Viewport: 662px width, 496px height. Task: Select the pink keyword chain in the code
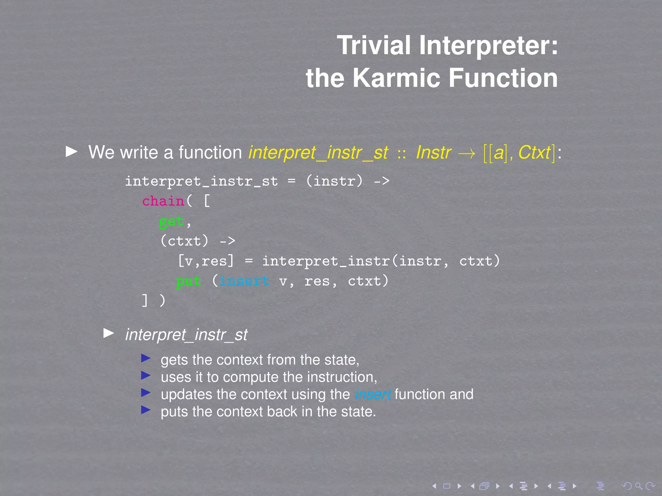point(163,201)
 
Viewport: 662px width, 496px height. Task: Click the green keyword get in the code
point(172,222)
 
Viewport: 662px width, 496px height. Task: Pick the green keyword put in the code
point(188,281)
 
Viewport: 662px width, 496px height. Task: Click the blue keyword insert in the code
point(244,281)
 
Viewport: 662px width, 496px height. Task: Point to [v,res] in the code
point(206,261)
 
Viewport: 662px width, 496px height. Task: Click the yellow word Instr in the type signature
point(433,152)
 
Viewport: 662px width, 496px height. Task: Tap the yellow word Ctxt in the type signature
point(534,152)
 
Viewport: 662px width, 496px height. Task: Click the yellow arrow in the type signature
point(467,153)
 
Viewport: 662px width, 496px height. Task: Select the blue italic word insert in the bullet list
point(373,394)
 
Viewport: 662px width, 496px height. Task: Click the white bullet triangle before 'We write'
point(71,151)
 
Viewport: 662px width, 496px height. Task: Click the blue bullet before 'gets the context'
point(146,358)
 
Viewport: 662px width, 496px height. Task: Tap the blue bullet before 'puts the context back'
point(146,410)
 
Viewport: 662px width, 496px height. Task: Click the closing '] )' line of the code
point(154,301)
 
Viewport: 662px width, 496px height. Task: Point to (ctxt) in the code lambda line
point(185,241)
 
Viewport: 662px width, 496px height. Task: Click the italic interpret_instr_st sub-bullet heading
point(186,335)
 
